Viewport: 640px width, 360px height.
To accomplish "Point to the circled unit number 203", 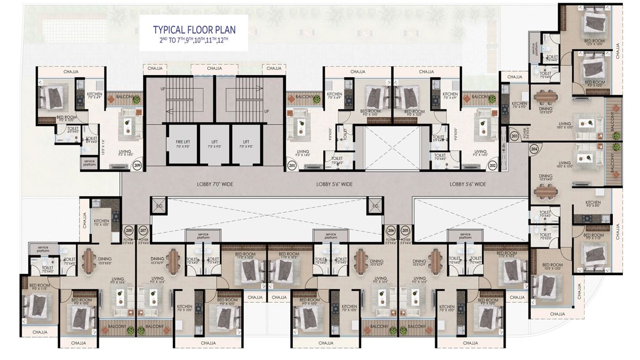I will point(515,137).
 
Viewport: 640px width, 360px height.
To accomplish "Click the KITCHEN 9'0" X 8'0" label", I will point(593,204).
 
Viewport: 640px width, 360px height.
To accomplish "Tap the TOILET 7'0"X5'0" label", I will point(545,236).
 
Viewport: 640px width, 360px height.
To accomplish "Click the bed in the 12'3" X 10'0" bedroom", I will point(593,21).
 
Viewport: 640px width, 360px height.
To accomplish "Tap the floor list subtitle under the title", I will point(194,39).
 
